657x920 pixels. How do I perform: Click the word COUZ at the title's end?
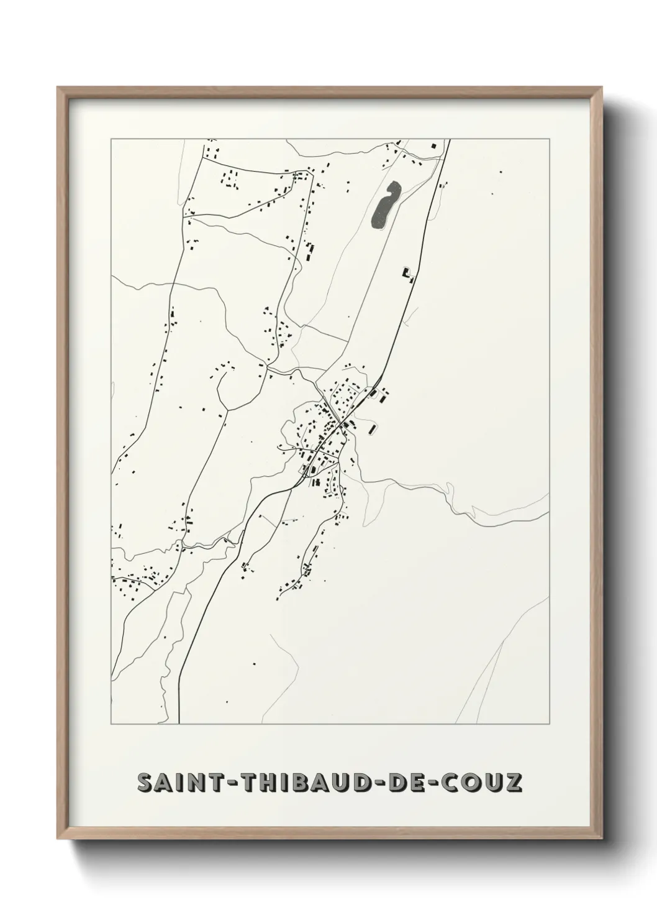479,783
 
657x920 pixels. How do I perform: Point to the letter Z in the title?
513,783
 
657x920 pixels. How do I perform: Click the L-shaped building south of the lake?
407,274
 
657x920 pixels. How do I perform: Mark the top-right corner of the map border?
548,139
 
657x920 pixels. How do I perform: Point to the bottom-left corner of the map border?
111,724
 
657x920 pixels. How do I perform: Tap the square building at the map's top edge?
434,145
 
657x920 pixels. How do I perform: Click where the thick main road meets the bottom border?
178,724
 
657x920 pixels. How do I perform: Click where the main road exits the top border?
448,140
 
